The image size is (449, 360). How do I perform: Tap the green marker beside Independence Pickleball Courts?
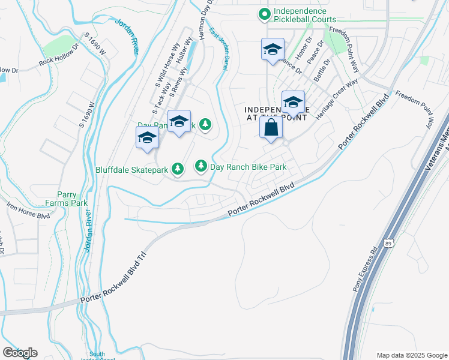263,13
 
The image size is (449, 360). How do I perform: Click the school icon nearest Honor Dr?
273,50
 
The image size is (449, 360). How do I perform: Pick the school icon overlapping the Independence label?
293,103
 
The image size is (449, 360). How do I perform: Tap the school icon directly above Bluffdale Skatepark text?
147,138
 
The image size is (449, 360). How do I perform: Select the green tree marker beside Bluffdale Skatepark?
178,170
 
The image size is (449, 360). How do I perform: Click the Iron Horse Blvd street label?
28,211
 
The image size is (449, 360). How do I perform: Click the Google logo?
20,353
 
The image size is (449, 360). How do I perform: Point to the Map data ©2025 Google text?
411,355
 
